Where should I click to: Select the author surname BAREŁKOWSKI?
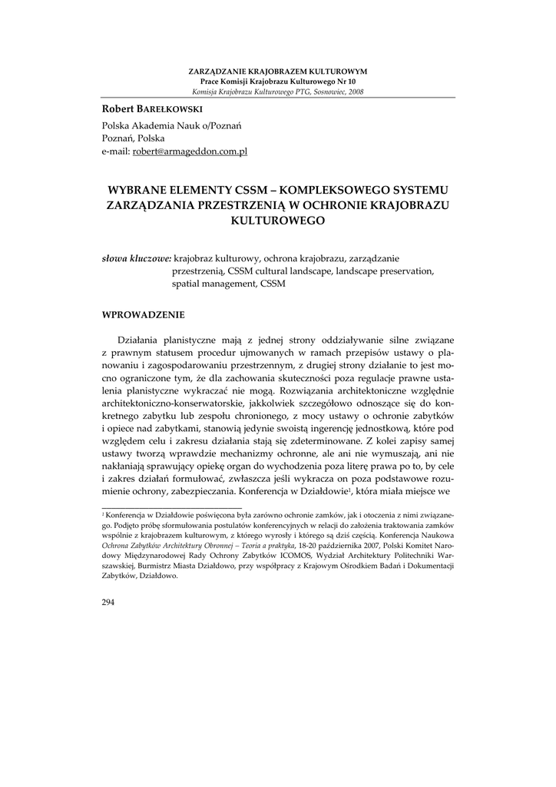coord(160,111)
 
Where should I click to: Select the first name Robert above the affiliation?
coord(117,111)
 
